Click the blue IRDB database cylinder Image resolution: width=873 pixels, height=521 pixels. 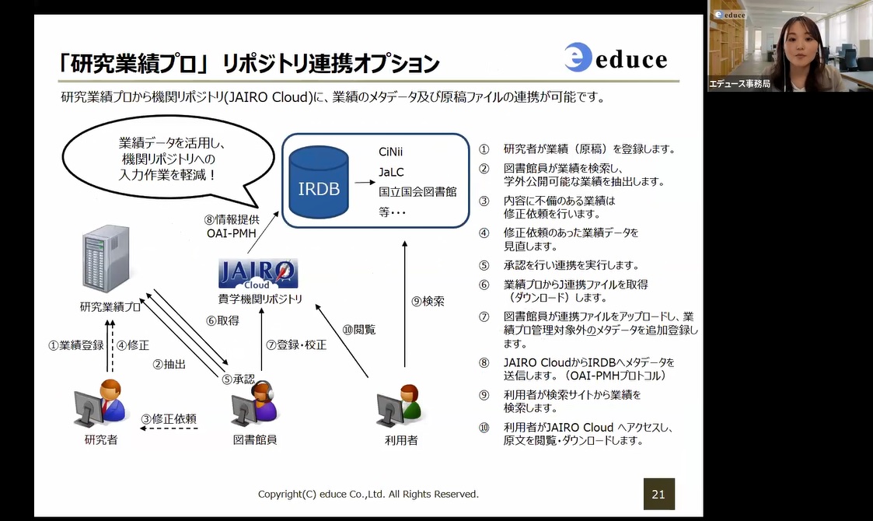[x=319, y=182]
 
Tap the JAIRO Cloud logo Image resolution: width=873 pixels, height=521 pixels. [x=258, y=274]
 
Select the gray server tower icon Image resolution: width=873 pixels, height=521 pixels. [x=106, y=259]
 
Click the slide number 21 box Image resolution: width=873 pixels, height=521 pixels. [x=658, y=494]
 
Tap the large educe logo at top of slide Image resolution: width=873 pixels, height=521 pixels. [x=615, y=58]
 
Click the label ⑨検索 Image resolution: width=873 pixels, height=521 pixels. [x=428, y=302]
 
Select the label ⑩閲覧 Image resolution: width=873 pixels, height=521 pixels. [x=359, y=330]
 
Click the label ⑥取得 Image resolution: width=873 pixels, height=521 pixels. [x=222, y=320]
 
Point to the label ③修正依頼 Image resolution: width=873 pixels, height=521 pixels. [x=169, y=418]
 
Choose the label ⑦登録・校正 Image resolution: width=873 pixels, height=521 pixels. [x=296, y=345]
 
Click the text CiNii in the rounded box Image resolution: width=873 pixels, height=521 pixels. [x=390, y=152]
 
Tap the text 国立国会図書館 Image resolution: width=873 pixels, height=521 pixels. [x=417, y=192]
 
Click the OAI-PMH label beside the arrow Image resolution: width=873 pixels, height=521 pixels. [x=232, y=233]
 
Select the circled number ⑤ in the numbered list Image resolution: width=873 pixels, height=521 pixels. [x=484, y=266]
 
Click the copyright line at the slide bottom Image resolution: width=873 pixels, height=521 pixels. [x=368, y=495]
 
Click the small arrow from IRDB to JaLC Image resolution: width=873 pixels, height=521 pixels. [x=365, y=182]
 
